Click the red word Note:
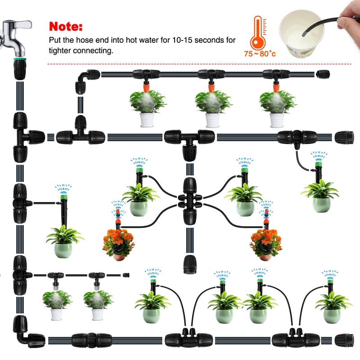coord(66,27)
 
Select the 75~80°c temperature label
coord(260,54)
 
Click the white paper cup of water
coord(302,33)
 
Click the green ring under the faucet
coord(20,59)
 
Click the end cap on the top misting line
coord(323,74)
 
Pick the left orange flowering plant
coord(118,244)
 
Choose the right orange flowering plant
coord(266,244)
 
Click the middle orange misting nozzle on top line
coord(211,88)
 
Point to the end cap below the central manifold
coord(189,264)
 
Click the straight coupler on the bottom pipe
coord(92,340)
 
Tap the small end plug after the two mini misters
coord(126,275)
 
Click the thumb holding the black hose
coord(344,22)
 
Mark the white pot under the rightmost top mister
coord(277,120)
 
